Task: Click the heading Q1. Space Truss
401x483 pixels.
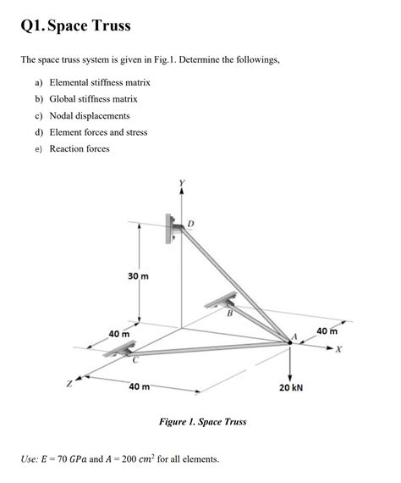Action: pos(75,26)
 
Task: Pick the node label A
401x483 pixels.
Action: pos(295,336)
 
